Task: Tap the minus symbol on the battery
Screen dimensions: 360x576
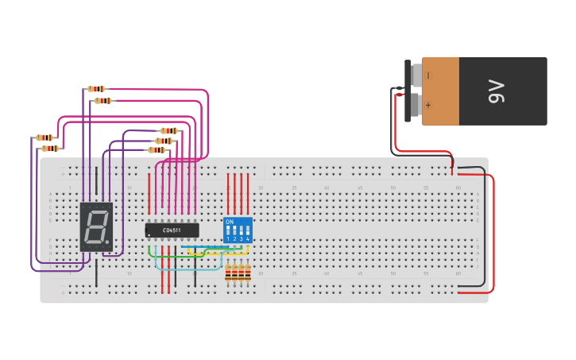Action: click(428, 75)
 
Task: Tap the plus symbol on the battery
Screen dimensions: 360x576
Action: click(428, 105)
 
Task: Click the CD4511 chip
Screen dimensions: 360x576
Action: click(172, 230)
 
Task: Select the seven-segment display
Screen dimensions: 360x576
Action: click(96, 226)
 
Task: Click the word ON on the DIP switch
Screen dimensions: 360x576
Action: click(230, 222)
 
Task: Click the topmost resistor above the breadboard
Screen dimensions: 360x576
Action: click(96, 89)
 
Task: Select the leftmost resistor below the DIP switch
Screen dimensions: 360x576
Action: click(229, 273)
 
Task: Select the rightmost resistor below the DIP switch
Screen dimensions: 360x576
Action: click(248, 273)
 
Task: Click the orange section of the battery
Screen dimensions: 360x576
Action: click(440, 91)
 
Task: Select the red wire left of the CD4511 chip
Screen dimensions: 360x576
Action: click(149, 193)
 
